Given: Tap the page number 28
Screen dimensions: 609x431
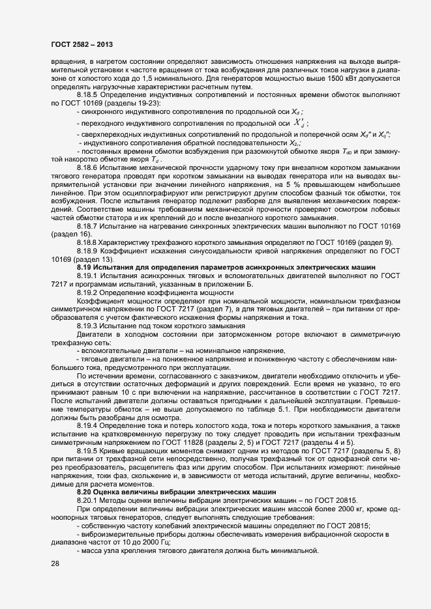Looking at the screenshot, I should [x=55, y=564].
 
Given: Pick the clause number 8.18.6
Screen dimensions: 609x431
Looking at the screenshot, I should [x=88, y=167].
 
